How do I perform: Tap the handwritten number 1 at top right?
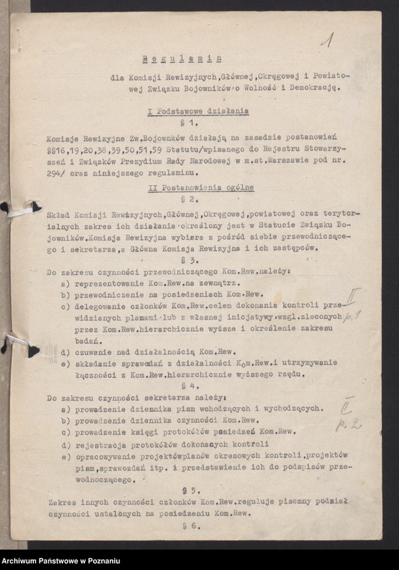326,41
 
